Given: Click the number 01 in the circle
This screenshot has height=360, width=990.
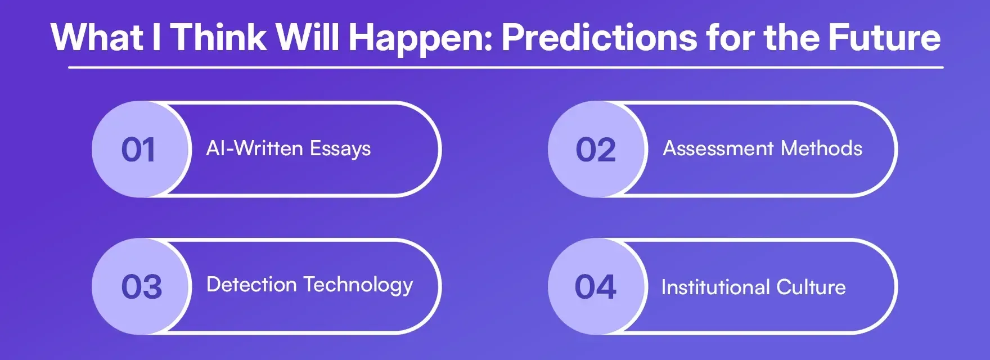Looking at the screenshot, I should tap(138, 150).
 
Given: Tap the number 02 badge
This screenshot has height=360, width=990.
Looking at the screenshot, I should tap(596, 150).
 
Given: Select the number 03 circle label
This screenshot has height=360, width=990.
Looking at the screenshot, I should tap(142, 287).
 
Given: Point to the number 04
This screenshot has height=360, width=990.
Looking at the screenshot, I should tap(595, 287).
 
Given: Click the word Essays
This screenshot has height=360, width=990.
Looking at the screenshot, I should tap(340, 149).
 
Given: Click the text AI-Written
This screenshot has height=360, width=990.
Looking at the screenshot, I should tap(255, 148).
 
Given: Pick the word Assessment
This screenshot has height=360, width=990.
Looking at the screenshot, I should tap(718, 148).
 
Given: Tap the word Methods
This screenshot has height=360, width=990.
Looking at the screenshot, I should tap(821, 148).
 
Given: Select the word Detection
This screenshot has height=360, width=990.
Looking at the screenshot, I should tap(251, 285).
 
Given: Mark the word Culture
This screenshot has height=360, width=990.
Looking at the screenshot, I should tap(811, 287).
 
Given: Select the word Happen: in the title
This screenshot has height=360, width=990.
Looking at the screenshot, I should tap(421, 38).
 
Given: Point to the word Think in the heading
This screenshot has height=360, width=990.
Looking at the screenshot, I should tap(218, 37).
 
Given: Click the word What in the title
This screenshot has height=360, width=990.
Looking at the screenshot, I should tap(97, 37).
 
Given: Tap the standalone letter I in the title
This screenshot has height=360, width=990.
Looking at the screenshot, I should tap(156, 37).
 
